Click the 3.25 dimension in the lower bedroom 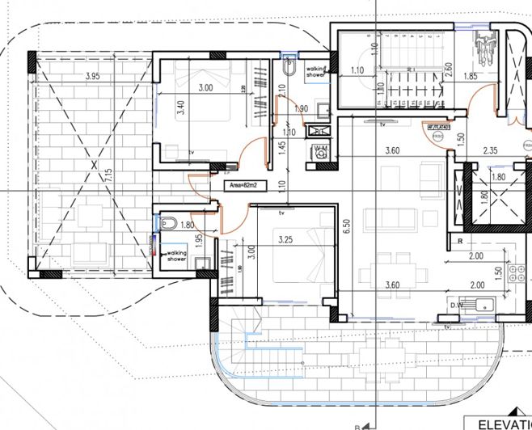pyautogui.click(x=285, y=240)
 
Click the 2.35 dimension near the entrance pyautogui.click(x=491, y=150)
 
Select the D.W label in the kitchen pyautogui.click(x=457, y=305)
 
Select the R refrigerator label pyautogui.click(x=458, y=241)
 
